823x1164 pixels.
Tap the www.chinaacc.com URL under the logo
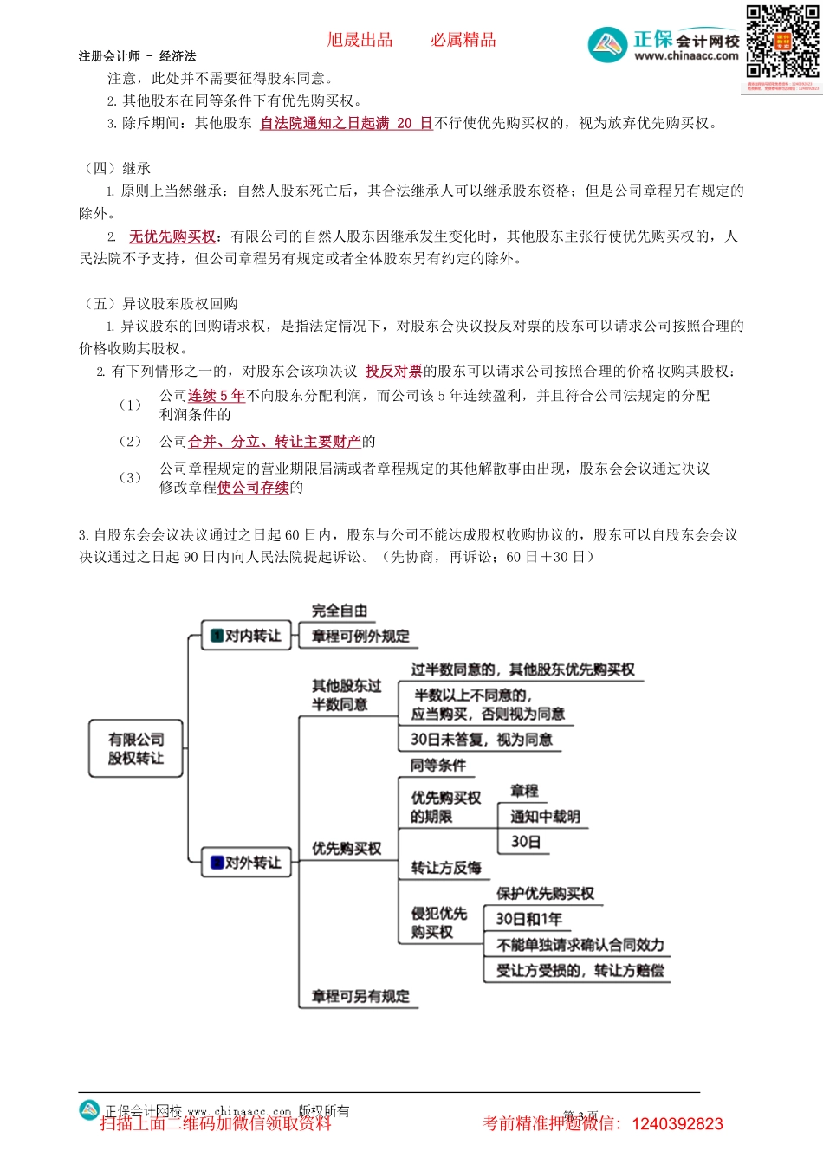coord(686,56)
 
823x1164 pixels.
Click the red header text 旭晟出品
coord(360,40)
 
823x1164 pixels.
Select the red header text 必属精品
coord(463,40)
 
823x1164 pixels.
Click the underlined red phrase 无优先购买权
coord(172,236)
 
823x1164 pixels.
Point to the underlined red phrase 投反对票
coord(393,372)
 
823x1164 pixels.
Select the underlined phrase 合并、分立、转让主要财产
coord(275,442)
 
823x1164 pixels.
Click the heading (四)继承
coord(119,168)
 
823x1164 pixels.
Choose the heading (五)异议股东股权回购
coord(162,304)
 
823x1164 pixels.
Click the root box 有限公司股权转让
coord(136,748)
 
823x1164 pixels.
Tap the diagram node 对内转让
coord(247,636)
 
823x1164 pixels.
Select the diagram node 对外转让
coord(247,863)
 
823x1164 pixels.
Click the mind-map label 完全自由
coord(340,611)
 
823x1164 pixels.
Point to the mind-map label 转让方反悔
coord(446,868)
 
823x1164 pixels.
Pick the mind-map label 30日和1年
coord(528,919)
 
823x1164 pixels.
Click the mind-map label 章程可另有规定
coord(360,996)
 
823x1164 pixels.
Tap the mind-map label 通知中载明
coord(545,817)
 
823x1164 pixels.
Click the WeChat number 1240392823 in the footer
coord(677,1124)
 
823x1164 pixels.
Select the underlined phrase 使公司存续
coord(253,488)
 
